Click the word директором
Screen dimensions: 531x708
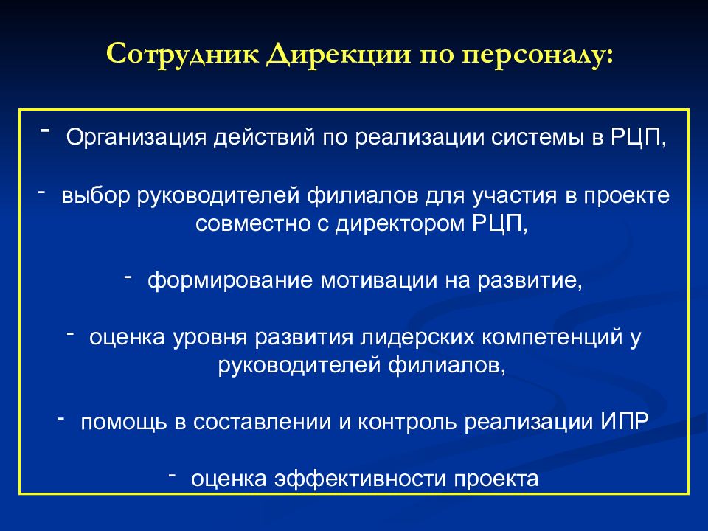pos(402,224)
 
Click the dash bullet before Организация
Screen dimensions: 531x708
pos(46,129)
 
